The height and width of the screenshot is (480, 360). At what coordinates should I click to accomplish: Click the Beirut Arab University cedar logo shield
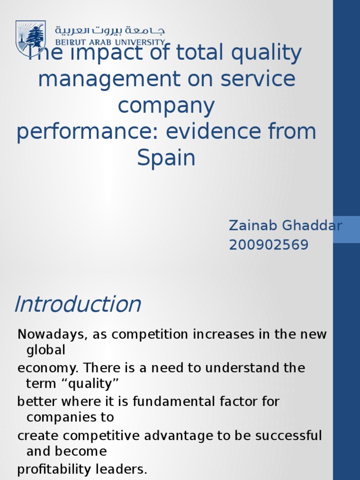(x=30, y=38)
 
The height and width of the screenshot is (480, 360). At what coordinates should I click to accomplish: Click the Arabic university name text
(x=110, y=31)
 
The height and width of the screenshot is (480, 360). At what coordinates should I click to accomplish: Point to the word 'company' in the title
(x=166, y=106)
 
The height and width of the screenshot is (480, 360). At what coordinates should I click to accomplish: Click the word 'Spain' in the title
(x=166, y=158)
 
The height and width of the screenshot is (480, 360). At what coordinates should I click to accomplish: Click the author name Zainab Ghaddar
(x=285, y=225)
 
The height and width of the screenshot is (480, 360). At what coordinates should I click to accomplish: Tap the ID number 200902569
(x=269, y=245)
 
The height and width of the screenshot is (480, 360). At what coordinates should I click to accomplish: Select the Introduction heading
(x=77, y=305)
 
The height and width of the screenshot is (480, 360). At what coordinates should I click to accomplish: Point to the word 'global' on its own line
(x=45, y=351)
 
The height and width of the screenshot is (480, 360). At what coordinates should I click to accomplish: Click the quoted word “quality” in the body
(x=92, y=384)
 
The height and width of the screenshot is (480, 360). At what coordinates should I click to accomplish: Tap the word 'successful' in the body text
(x=288, y=435)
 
